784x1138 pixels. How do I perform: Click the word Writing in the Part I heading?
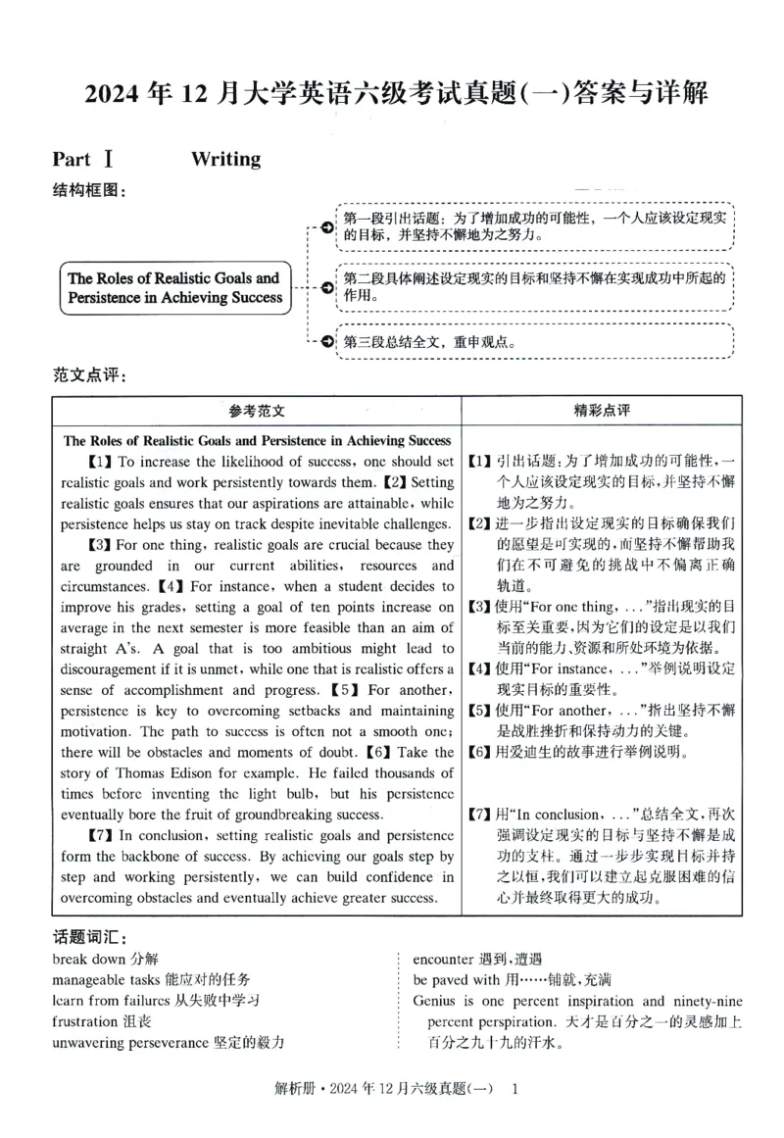[225, 159]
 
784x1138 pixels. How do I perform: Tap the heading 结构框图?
[89, 190]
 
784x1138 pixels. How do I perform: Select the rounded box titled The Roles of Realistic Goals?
[175, 287]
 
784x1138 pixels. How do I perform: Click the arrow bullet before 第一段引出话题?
[326, 226]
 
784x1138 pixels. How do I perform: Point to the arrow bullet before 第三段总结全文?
[326, 342]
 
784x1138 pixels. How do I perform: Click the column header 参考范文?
[257, 411]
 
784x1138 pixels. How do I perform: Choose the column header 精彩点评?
[601, 411]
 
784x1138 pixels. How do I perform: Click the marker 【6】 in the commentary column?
[479, 753]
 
